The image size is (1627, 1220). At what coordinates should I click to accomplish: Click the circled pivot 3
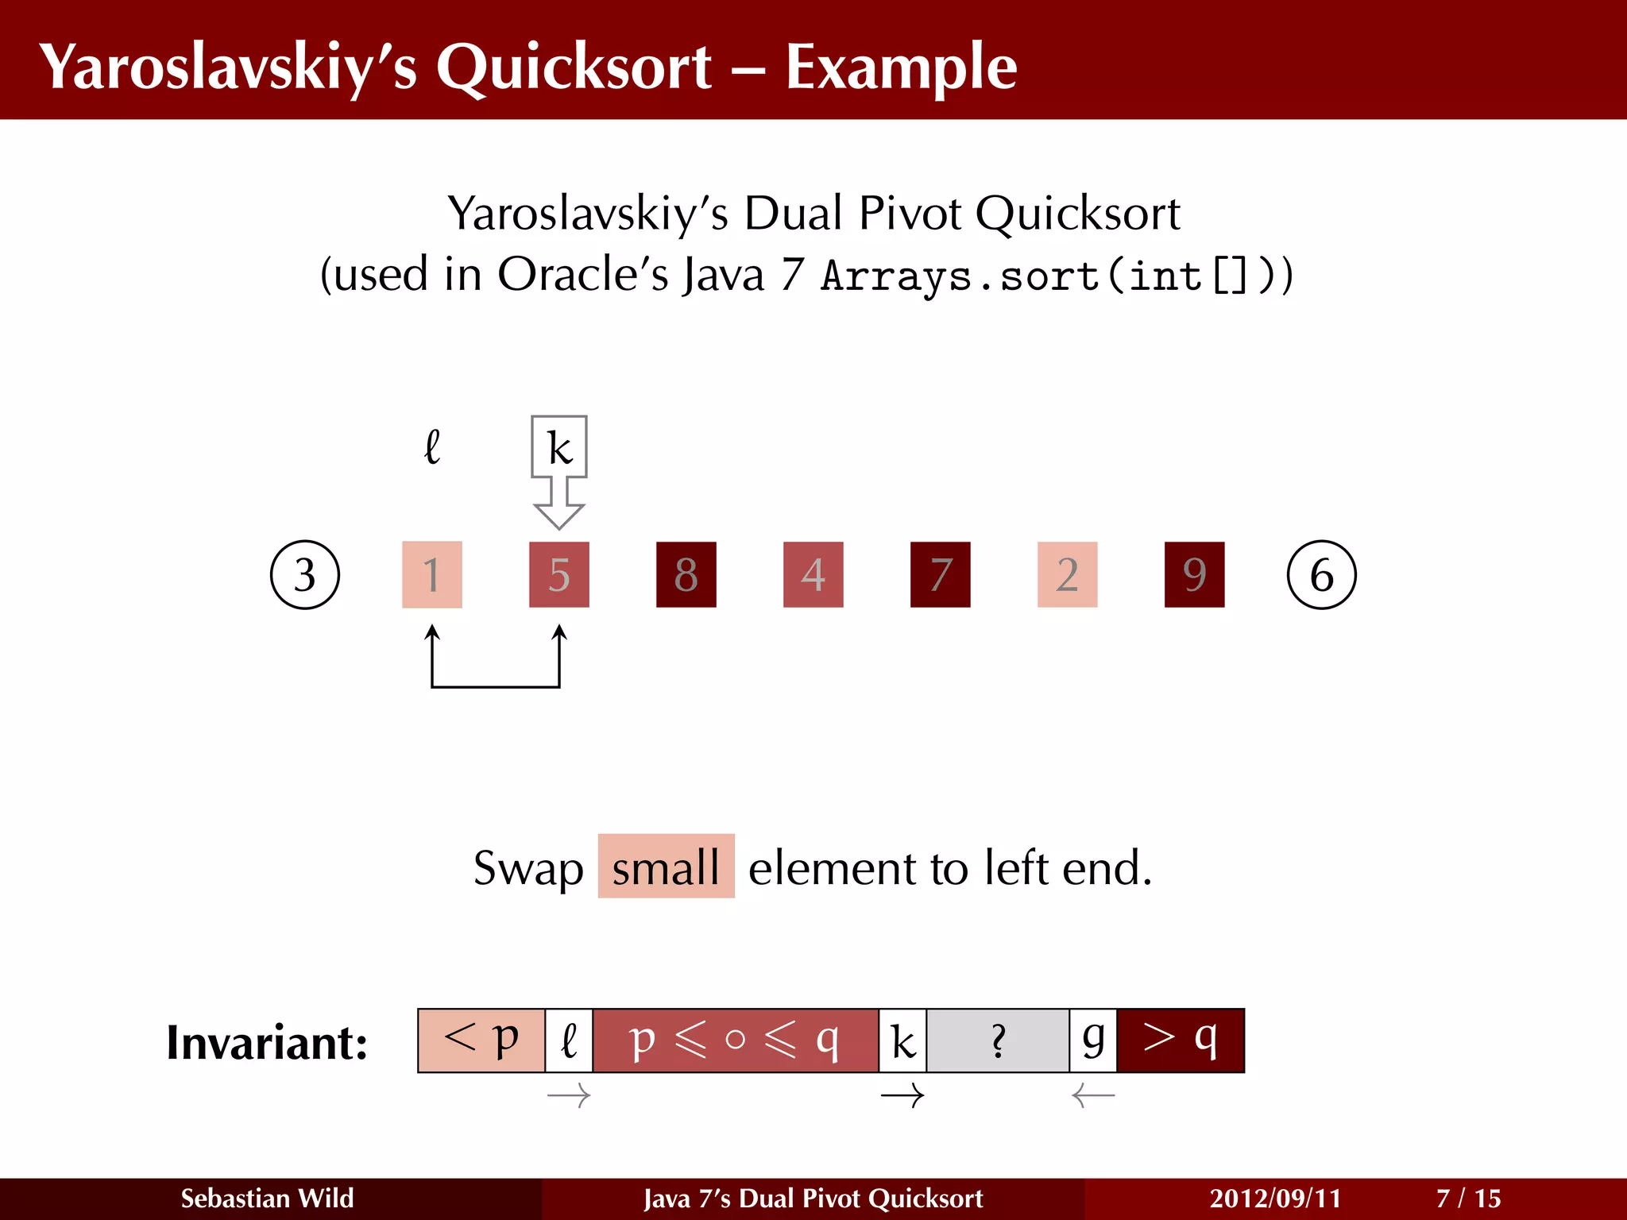(305, 574)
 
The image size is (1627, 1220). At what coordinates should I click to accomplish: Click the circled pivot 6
(1321, 574)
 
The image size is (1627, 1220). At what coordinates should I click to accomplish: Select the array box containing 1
(432, 574)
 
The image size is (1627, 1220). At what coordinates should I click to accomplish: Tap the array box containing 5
(559, 574)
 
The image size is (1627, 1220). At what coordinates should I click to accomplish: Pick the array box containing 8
(686, 574)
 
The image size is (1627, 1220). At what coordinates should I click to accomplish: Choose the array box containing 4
(813, 574)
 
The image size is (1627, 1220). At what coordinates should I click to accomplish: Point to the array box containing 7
(941, 574)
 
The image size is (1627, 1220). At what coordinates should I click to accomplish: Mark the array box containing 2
(1067, 574)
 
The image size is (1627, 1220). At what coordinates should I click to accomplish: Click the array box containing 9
(1194, 574)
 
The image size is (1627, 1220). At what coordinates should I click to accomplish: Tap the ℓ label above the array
(432, 447)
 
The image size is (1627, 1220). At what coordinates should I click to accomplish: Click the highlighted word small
(666, 867)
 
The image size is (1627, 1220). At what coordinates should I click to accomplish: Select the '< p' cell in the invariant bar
(481, 1040)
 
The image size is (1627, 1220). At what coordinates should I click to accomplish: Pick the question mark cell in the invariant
(998, 1040)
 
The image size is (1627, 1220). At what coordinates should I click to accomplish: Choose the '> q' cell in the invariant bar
(1180, 1040)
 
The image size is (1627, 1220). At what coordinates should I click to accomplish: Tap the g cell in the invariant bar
(1093, 1040)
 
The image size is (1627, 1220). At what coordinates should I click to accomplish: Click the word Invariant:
(267, 1042)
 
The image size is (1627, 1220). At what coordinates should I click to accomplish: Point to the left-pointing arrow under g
(1093, 1097)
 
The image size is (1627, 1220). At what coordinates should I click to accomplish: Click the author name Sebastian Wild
(267, 1198)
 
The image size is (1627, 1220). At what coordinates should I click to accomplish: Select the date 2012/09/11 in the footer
(1275, 1198)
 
